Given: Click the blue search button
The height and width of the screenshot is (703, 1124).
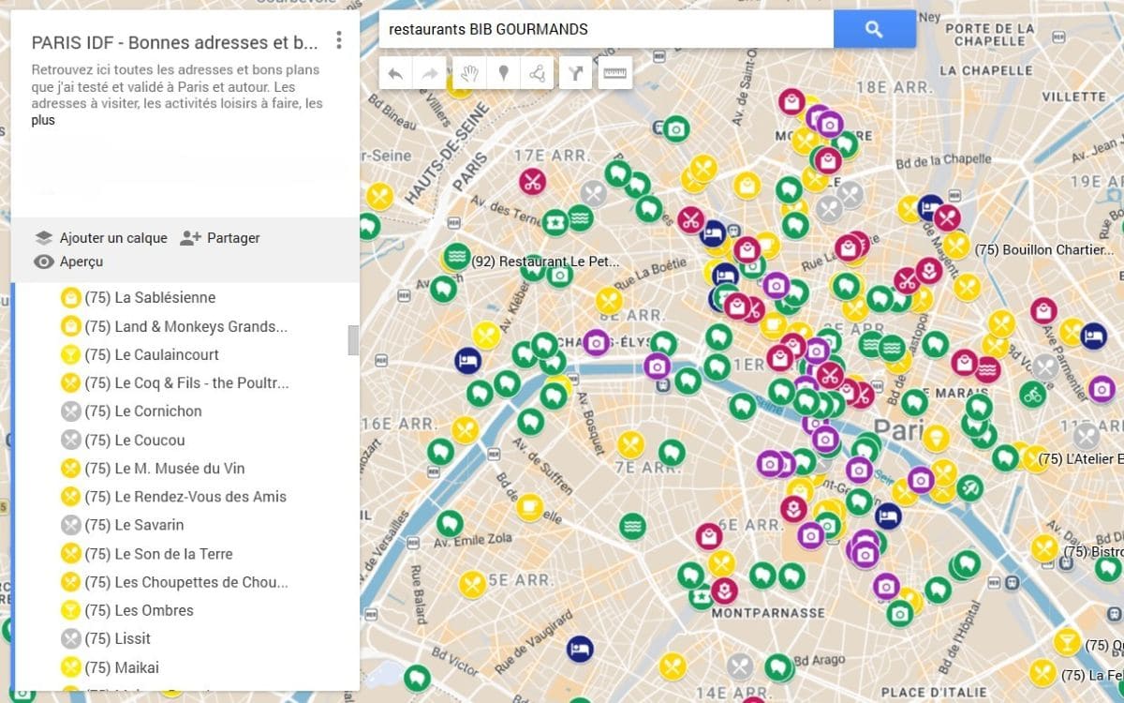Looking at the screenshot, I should coord(874,29).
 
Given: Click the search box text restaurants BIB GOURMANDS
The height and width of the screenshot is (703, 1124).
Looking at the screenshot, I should coord(488,29).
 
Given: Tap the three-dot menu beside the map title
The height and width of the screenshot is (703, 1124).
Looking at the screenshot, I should coord(339,41).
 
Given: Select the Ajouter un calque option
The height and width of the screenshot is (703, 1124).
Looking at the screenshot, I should coord(112,238).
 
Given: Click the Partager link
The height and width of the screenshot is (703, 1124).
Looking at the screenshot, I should coord(232,238).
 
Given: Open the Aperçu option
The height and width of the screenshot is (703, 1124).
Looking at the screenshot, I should coord(81,262).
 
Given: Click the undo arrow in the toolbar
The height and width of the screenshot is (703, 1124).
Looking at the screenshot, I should coord(395,73).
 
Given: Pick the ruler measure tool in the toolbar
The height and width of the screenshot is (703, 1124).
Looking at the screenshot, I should coord(614,73).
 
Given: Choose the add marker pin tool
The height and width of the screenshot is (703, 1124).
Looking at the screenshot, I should coord(504,73).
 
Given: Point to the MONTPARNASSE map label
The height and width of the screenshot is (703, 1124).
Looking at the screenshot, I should coord(768,613).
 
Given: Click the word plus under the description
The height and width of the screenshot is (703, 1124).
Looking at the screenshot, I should coord(43,120).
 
